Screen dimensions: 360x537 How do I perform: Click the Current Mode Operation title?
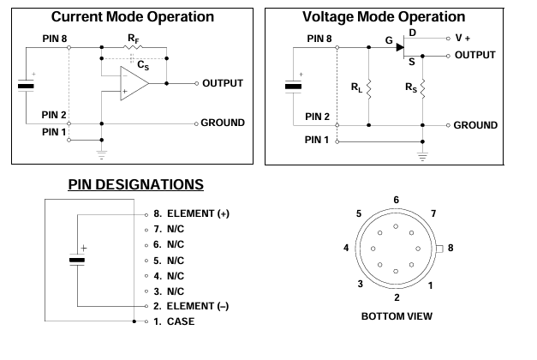coord(132,16)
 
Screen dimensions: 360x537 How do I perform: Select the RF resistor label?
coord(134,39)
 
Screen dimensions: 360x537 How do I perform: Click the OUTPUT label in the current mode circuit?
coord(223,83)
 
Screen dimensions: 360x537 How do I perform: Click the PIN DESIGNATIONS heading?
coord(134,184)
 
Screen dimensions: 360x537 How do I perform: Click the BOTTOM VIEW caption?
coord(397,316)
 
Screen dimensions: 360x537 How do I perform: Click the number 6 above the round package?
coord(396,199)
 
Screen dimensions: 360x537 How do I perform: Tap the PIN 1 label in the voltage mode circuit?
coord(317,140)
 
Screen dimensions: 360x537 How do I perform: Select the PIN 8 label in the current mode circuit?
coord(54,39)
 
